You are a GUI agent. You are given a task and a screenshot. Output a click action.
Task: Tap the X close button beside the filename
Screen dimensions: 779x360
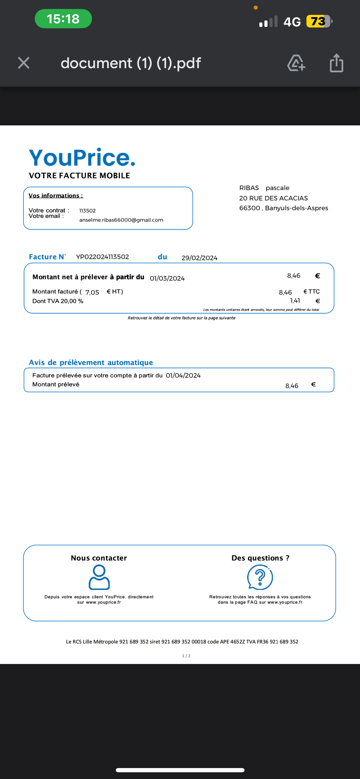pos(24,63)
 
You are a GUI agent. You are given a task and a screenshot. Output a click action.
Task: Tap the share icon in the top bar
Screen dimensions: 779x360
pos(336,63)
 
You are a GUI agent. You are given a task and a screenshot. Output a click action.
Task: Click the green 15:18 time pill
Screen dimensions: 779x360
pos(63,19)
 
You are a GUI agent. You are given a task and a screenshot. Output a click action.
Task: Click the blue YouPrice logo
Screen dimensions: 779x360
pos(82,158)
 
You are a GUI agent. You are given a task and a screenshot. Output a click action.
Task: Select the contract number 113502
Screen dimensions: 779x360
pos(87,211)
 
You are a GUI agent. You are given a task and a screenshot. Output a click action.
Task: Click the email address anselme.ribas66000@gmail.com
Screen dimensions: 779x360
pos(121,220)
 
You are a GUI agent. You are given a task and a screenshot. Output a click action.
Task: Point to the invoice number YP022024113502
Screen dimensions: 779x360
pos(102,257)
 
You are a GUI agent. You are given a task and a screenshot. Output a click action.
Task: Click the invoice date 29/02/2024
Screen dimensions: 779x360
pos(199,258)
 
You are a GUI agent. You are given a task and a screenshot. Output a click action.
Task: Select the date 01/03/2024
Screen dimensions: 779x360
pos(167,278)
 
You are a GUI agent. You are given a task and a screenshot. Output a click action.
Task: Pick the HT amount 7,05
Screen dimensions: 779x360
pos(92,292)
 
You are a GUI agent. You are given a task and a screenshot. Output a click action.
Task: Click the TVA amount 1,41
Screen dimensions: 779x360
pos(295,301)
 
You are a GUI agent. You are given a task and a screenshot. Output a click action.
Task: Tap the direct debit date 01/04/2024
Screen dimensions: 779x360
pos(183,375)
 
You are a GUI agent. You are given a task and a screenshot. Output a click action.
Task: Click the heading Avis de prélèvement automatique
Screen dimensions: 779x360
pos(91,363)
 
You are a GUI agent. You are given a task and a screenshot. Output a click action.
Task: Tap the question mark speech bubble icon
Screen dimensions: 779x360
pos(260,577)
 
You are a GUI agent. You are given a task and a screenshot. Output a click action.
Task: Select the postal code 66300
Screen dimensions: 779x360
pos(250,208)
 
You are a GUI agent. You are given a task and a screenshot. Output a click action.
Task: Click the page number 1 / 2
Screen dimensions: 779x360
pos(186,656)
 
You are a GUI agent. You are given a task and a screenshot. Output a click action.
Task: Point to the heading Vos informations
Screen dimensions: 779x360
pos(56,196)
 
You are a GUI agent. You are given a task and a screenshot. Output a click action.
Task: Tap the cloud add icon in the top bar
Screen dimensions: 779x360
pos(296,63)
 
